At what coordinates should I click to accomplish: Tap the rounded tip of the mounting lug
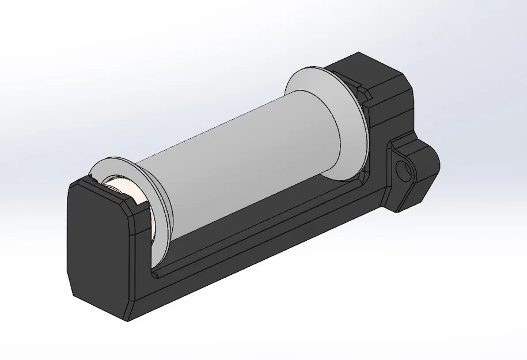[x=436, y=164]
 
